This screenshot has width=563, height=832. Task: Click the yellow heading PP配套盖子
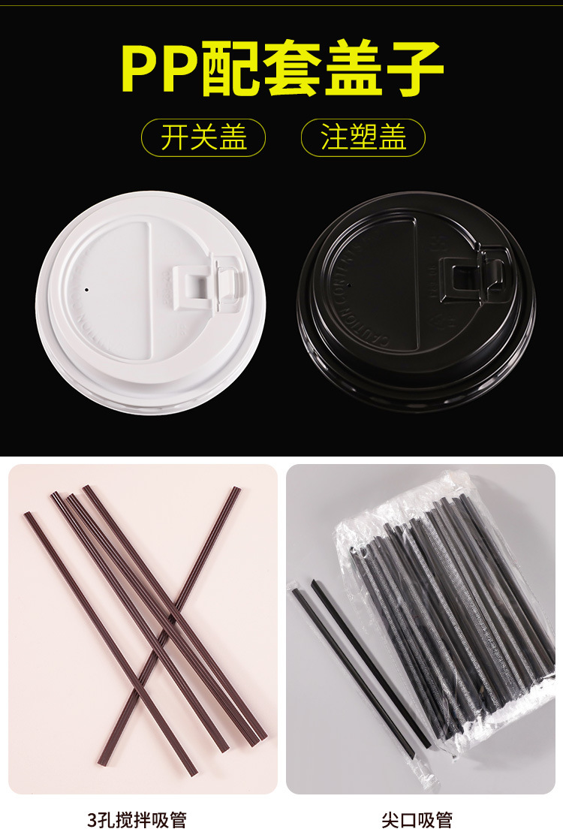(281, 69)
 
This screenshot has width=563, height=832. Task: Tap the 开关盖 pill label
(203, 138)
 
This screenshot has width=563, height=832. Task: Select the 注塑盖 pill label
(363, 138)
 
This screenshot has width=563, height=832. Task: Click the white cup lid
(150, 303)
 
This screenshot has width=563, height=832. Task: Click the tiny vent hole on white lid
(86, 288)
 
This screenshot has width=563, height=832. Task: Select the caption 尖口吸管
(417, 819)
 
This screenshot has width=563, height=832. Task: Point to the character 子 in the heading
(413, 69)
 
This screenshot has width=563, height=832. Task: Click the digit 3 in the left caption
(92, 819)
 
